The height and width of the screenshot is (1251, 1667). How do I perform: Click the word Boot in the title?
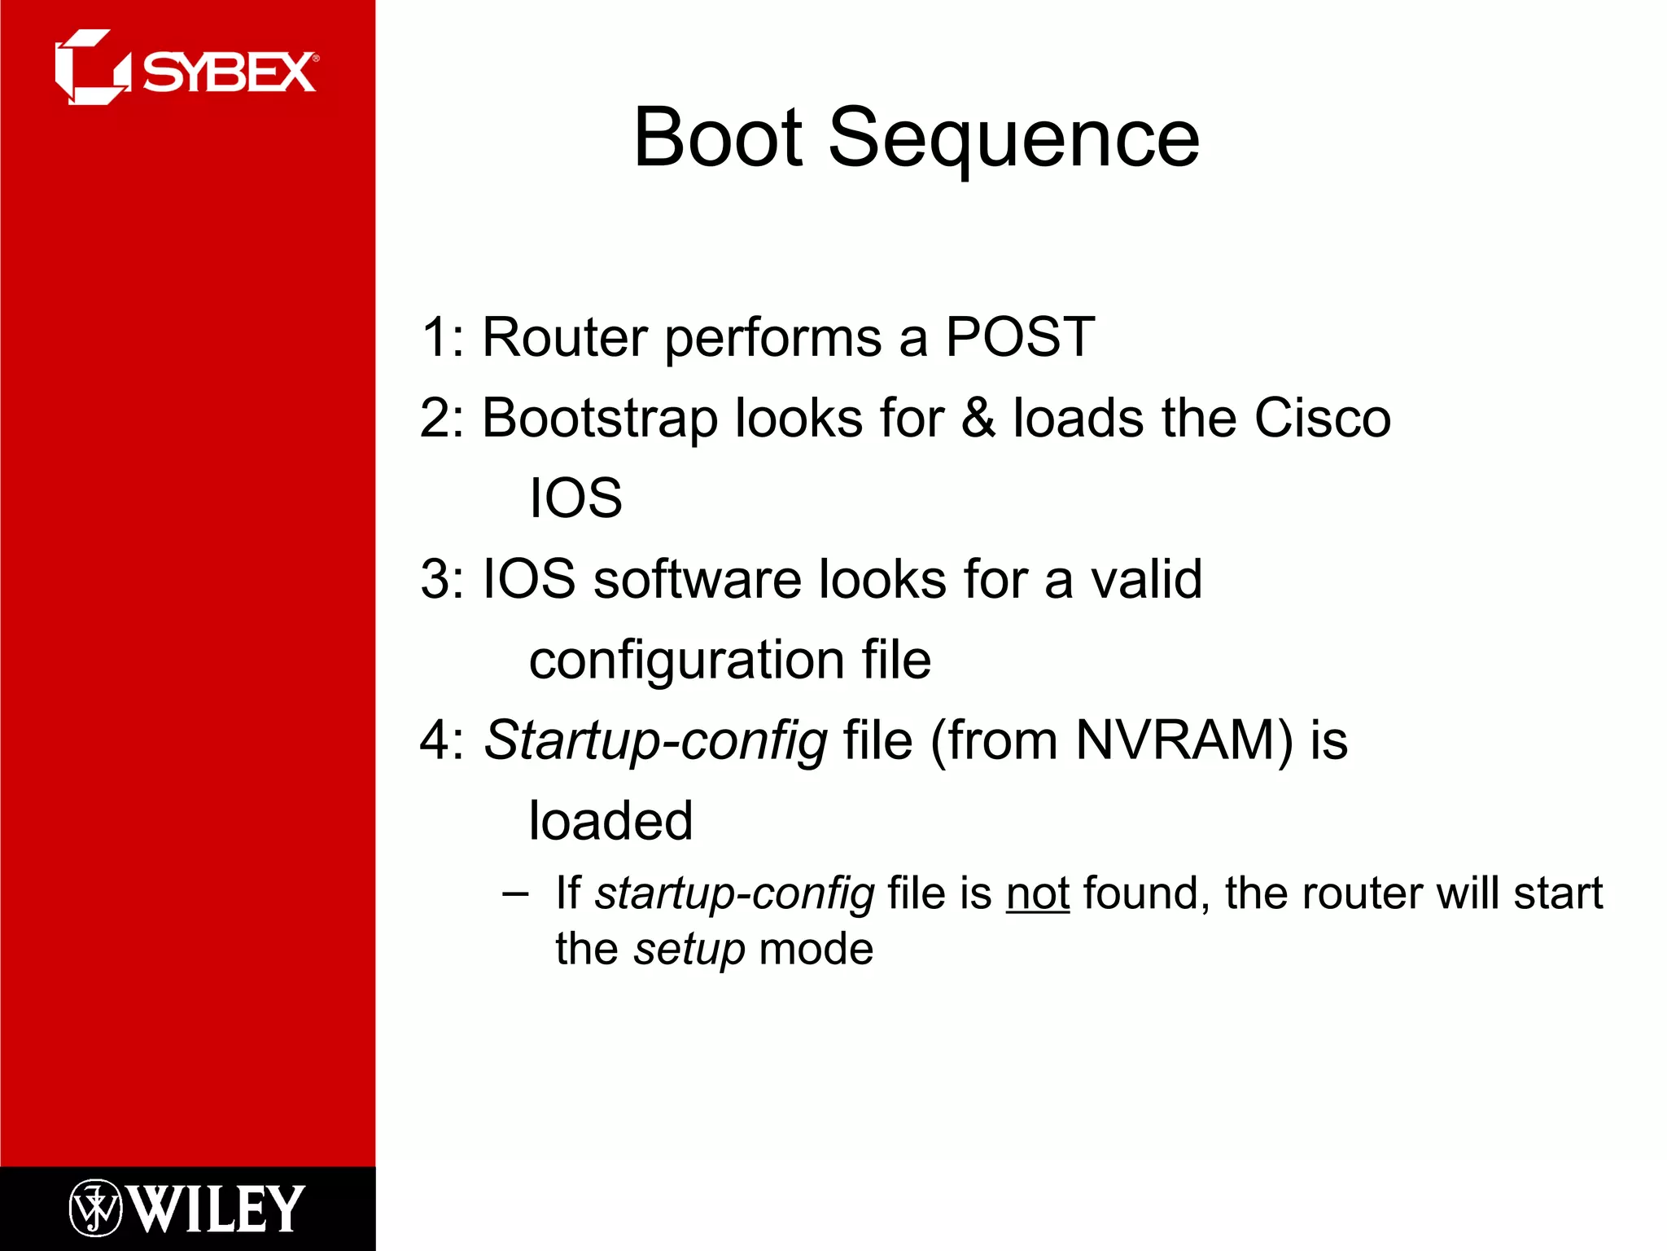coord(719,138)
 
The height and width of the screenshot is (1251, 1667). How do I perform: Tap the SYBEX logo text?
coord(229,73)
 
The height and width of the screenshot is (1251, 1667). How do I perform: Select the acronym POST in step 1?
coord(1019,337)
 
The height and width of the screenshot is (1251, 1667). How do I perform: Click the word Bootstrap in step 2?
coord(600,419)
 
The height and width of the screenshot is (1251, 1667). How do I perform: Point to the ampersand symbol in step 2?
coord(978,418)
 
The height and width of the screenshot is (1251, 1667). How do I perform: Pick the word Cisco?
coord(1322,418)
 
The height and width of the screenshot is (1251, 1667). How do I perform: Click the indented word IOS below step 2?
coord(575,498)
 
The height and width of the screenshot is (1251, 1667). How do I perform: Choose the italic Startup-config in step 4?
coord(656,741)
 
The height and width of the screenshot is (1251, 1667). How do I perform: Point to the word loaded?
coord(610,820)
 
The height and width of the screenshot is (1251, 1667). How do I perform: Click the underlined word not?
coord(1037,893)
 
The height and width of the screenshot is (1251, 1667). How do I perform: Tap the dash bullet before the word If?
coord(514,894)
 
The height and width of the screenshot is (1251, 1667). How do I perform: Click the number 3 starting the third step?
coord(435,580)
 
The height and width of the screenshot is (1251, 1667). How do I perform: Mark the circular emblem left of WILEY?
coord(95,1208)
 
